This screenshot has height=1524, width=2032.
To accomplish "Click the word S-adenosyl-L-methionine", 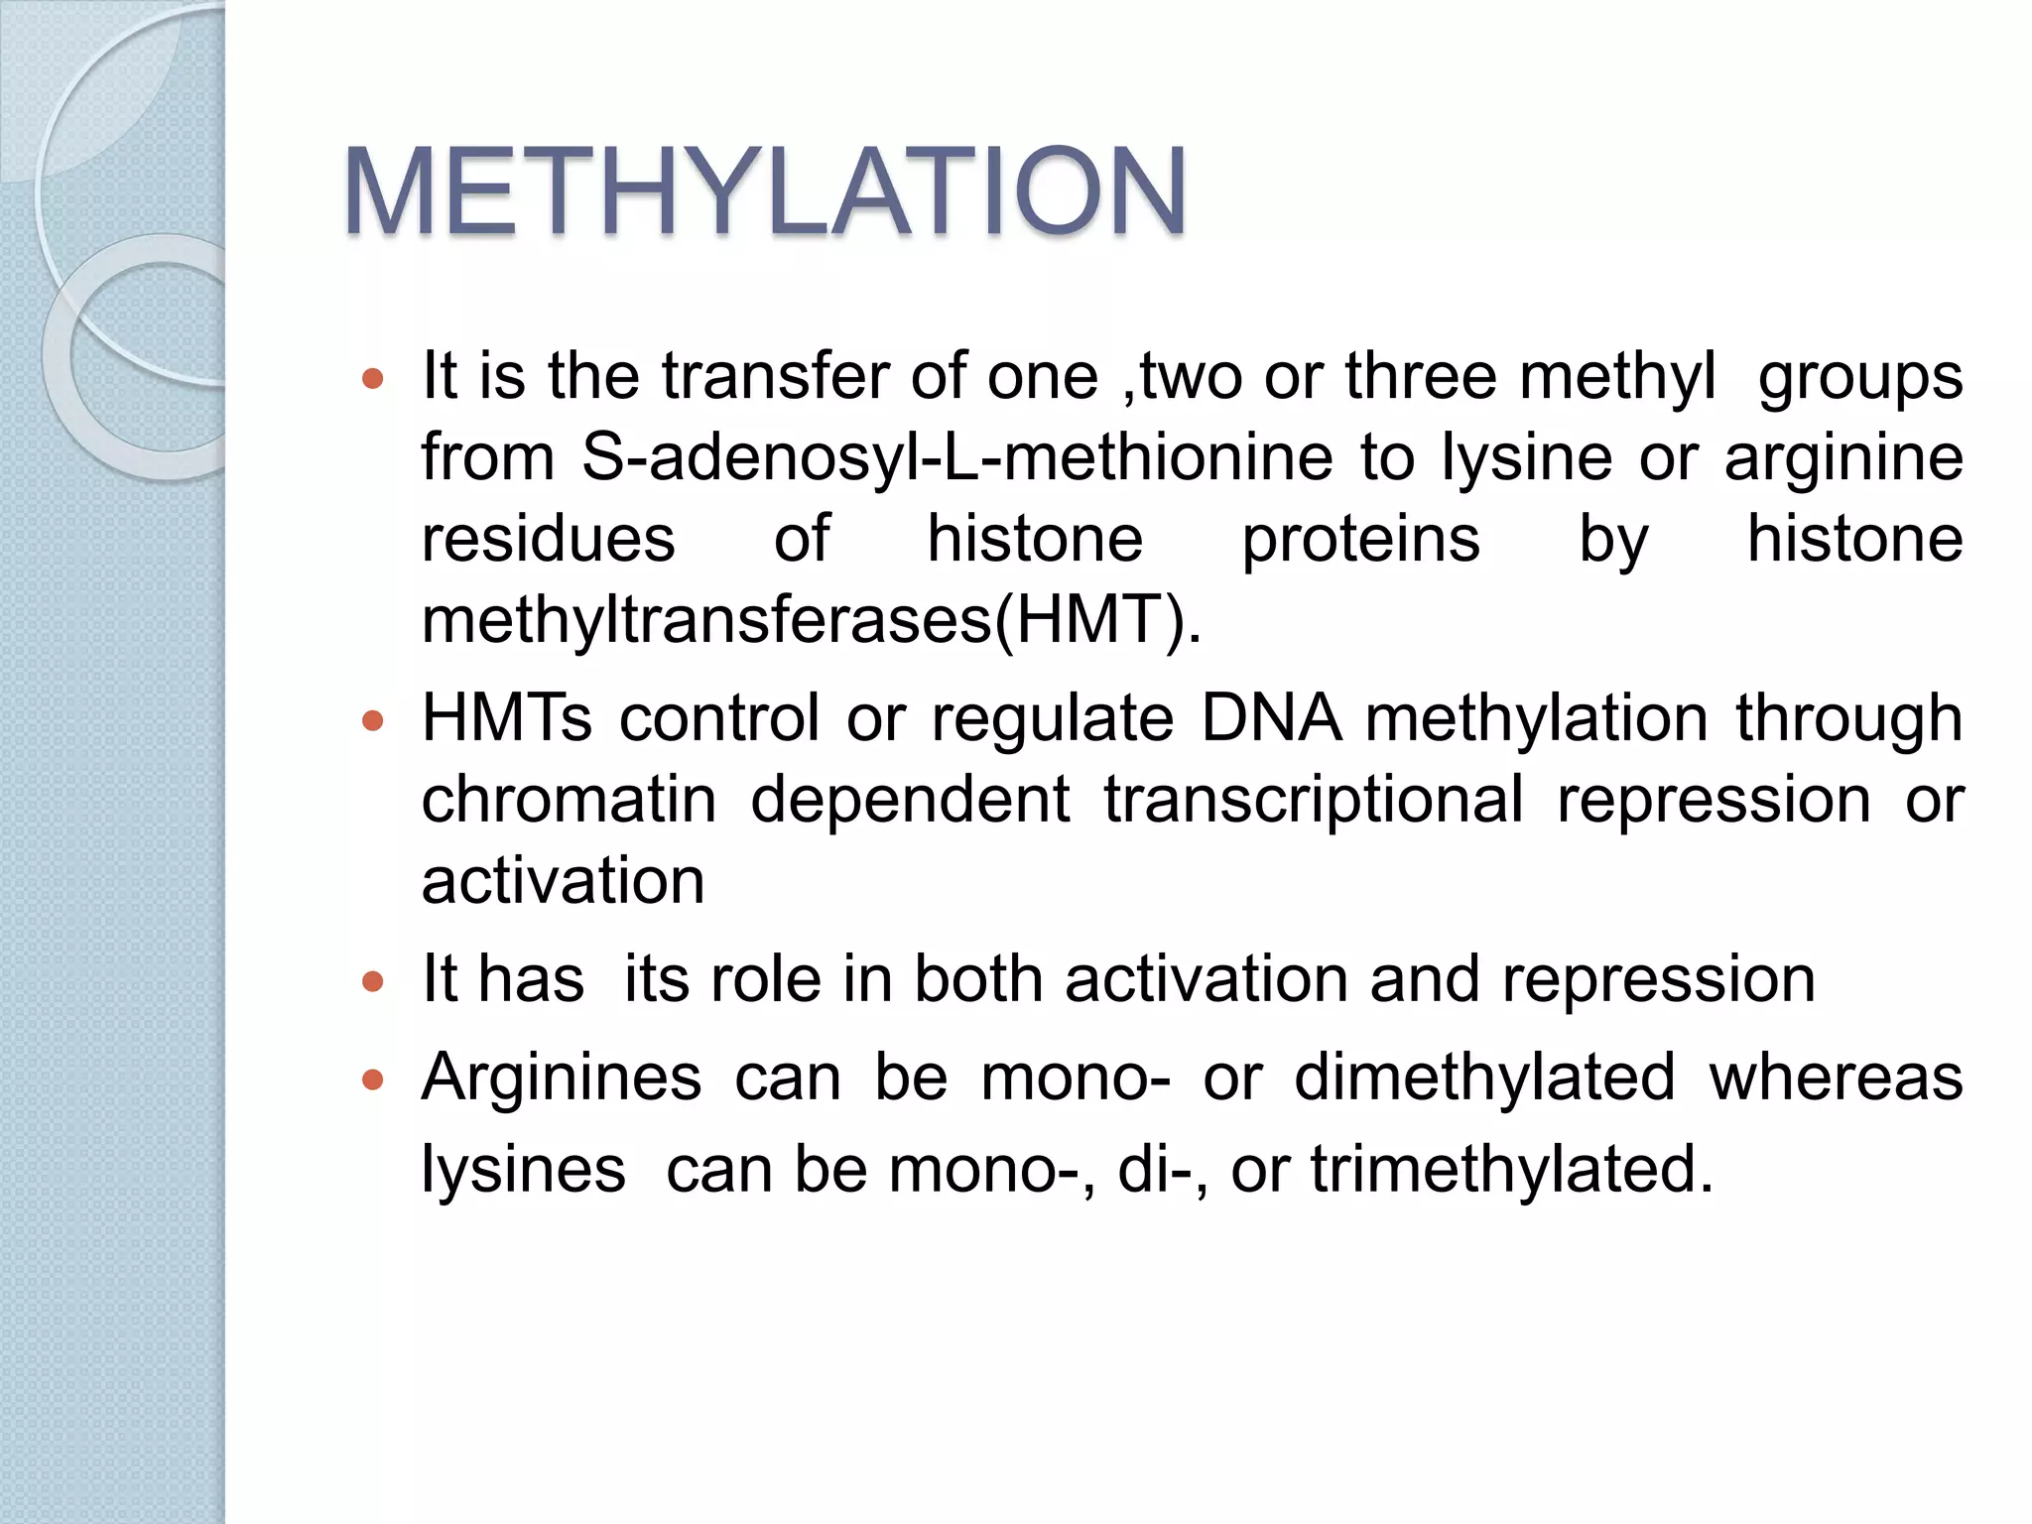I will [957, 458].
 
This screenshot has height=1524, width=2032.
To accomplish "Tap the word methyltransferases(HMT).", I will [812, 621].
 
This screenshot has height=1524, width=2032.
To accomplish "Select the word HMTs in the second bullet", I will [506, 718].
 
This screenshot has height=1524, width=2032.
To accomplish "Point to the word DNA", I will [1271, 718].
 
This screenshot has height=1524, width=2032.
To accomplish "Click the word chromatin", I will [569, 800].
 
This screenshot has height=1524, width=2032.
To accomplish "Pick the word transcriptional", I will [1314, 800].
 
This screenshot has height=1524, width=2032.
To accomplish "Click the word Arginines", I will [562, 1078].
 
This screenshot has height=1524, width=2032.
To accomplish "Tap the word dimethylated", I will [1485, 1078].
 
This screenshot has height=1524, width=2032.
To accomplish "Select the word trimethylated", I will [1512, 1169].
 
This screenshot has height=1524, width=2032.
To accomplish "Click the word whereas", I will [1836, 1078].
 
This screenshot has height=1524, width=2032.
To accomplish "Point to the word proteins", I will [1361, 540].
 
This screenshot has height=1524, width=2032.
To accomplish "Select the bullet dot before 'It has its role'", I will [373, 981].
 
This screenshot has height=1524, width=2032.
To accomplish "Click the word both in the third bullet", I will [978, 980].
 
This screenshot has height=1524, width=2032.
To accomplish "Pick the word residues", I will [549, 540].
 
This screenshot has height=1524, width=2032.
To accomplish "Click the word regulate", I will [1053, 720].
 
